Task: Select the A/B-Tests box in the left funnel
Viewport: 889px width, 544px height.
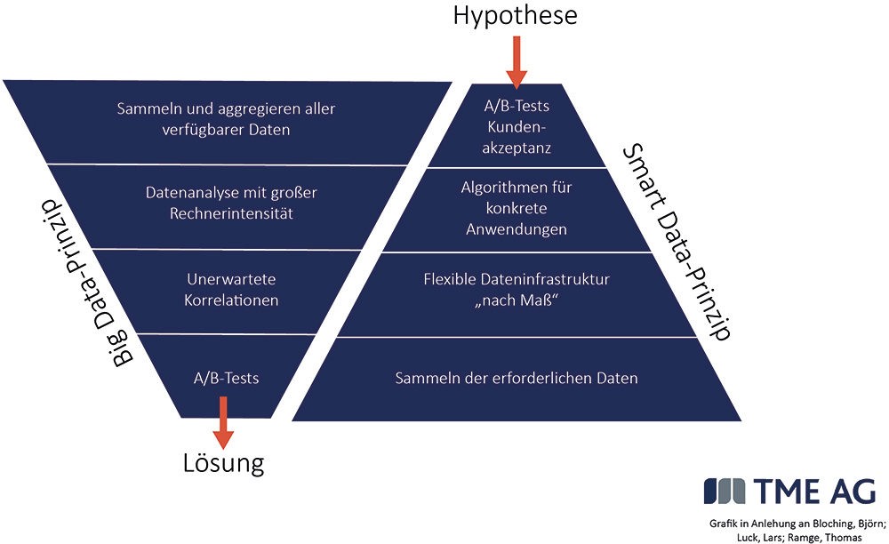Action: (x=226, y=377)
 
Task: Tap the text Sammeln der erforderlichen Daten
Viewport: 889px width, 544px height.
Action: (x=517, y=378)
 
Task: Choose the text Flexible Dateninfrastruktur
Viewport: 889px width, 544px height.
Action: (x=517, y=279)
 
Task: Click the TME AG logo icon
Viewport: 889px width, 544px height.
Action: (x=725, y=491)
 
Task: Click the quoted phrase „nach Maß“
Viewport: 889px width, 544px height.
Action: (x=517, y=300)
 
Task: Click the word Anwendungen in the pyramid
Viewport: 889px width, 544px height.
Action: (x=517, y=229)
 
